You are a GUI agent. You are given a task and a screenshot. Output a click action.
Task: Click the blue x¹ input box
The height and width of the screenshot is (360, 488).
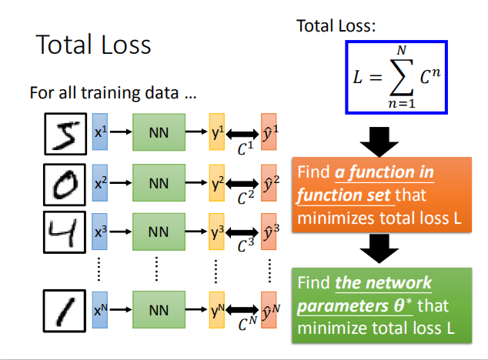point(100,132)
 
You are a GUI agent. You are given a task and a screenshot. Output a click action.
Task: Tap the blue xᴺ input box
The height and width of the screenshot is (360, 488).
point(100,310)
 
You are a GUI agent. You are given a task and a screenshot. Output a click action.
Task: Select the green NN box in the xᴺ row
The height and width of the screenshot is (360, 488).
point(159,310)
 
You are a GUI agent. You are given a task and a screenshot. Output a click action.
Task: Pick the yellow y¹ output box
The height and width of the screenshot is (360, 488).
point(216,132)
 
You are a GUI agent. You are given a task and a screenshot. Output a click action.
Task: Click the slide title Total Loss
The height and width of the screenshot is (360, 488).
point(93,44)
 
